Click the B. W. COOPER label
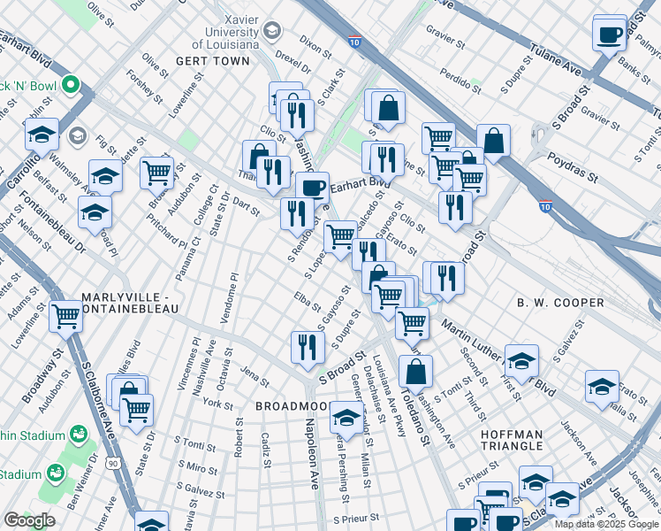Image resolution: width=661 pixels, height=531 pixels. click(560, 303)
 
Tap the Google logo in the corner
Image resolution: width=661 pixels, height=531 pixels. click(29, 520)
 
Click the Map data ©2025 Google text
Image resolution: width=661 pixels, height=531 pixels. click(606, 524)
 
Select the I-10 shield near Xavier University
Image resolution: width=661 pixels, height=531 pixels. click(354, 42)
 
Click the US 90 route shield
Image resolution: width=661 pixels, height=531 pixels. click(114, 463)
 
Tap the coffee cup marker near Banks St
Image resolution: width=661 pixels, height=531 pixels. click(609, 34)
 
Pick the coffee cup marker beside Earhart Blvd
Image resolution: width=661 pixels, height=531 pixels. click(311, 187)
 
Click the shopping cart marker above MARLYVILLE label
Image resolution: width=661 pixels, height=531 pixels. click(65, 314)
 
